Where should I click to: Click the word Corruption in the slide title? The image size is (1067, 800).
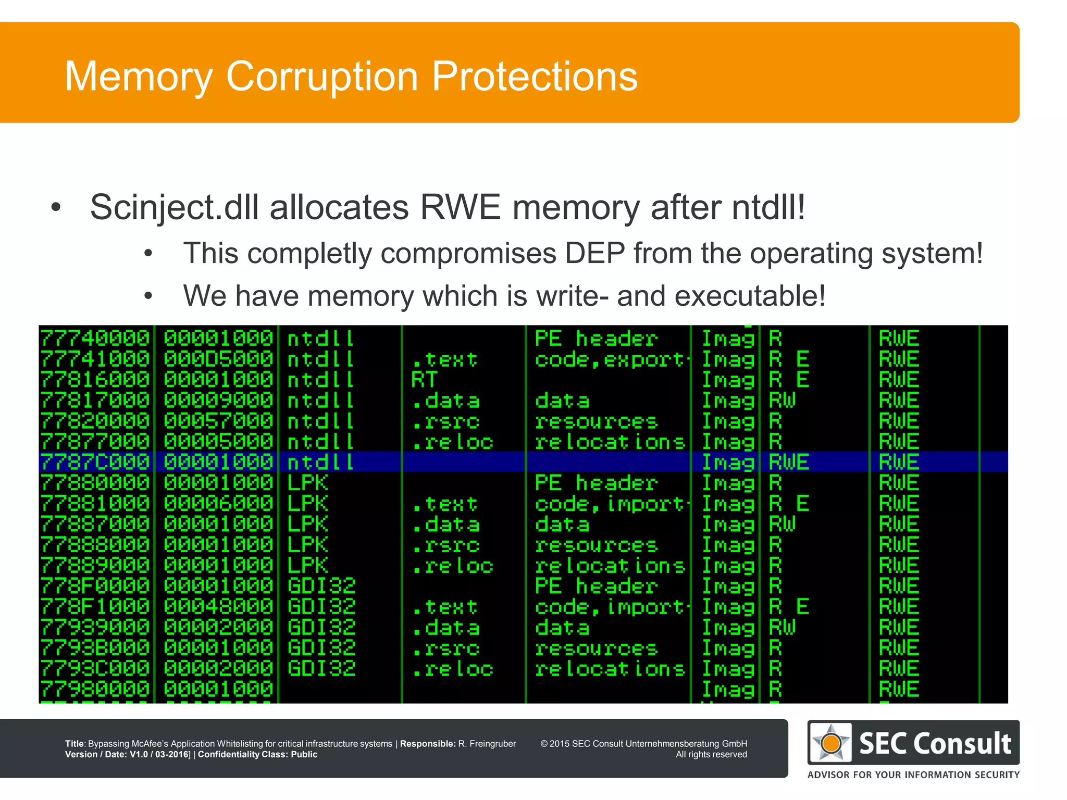(x=322, y=77)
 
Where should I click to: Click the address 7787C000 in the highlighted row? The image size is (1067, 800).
(x=95, y=462)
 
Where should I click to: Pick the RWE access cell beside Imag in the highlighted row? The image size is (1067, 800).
(x=789, y=462)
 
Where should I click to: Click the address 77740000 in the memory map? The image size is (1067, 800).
(x=95, y=339)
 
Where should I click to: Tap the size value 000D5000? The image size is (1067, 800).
(x=218, y=359)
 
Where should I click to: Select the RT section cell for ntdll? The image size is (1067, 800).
(x=424, y=380)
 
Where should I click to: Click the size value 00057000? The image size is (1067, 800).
(x=218, y=421)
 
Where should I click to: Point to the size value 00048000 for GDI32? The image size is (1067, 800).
(x=218, y=607)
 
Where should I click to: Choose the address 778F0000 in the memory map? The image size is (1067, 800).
(x=95, y=586)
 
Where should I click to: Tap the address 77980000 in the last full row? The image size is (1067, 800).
(x=95, y=689)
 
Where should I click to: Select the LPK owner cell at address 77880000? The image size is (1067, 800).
(x=307, y=483)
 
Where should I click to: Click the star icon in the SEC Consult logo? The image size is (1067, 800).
(x=831, y=742)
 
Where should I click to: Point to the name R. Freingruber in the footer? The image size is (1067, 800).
(x=487, y=744)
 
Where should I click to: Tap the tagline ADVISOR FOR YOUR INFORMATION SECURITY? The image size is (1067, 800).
(x=913, y=774)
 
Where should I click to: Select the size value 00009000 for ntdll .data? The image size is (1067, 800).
(x=218, y=400)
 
